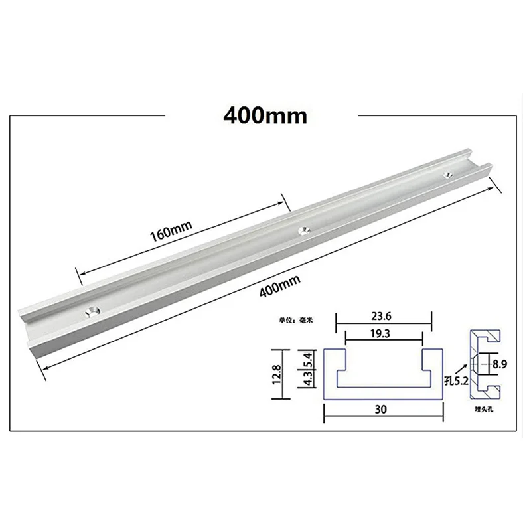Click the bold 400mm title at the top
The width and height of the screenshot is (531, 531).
pos(265,115)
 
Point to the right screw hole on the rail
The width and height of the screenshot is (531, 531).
pos(448,175)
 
